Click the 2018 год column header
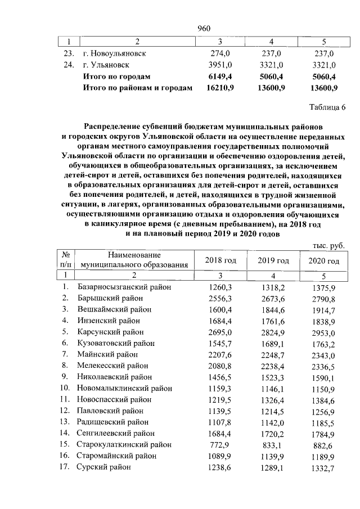(x=220, y=260)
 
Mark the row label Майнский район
(x=108, y=354)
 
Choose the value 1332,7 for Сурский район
(x=323, y=468)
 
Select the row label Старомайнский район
(x=117, y=456)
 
